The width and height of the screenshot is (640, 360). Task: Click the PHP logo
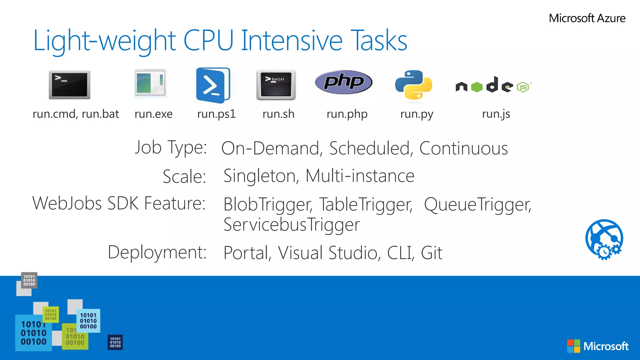point(343,82)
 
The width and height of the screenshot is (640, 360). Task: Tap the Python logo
point(413,85)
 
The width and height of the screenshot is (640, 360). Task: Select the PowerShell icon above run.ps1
point(213,85)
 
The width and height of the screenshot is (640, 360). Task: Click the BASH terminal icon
point(276,85)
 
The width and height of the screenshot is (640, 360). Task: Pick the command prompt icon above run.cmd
point(69,85)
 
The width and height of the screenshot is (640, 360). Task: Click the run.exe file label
point(153,114)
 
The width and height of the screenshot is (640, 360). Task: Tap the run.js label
point(496,114)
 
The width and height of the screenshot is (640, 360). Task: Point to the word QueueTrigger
point(477,204)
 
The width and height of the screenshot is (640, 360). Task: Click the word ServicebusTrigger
point(292,225)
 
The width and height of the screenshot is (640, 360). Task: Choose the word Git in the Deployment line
point(432,252)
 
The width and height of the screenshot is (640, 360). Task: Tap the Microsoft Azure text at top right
point(587,18)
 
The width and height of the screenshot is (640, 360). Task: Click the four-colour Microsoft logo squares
point(573,346)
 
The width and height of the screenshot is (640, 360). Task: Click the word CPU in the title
point(208,41)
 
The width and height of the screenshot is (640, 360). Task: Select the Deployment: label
point(157,252)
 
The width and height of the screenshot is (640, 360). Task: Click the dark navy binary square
point(115,342)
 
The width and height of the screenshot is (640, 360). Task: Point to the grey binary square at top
point(29,280)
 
